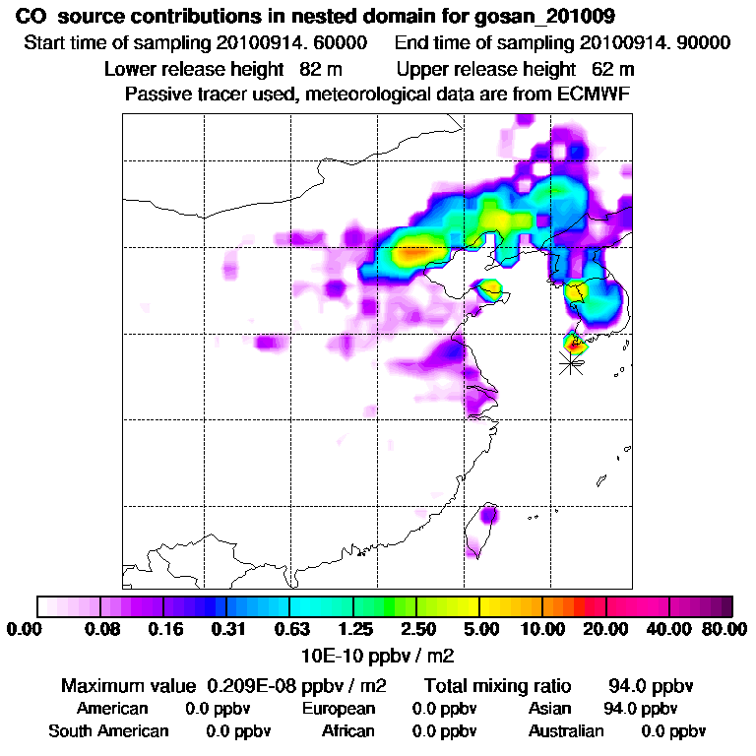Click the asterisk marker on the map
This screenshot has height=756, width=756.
pyautogui.click(x=570, y=363)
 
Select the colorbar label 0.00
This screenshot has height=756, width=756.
pyautogui.click(x=29, y=630)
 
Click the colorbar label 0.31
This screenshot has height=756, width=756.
pyautogui.click(x=227, y=630)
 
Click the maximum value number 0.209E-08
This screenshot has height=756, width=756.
pyautogui.click(x=257, y=685)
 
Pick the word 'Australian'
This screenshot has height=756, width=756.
pyautogui.click(x=566, y=731)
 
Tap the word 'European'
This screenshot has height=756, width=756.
pyautogui.click(x=339, y=709)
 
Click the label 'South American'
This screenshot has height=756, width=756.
pyautogui.click(x=108, y=731)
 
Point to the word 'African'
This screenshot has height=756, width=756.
pyautogui.click(x=348, y=731)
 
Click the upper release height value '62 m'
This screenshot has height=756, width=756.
pyautogui.click(x=613, y=70)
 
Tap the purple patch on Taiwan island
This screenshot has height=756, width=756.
pyautogui.click(x=489, y=515)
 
